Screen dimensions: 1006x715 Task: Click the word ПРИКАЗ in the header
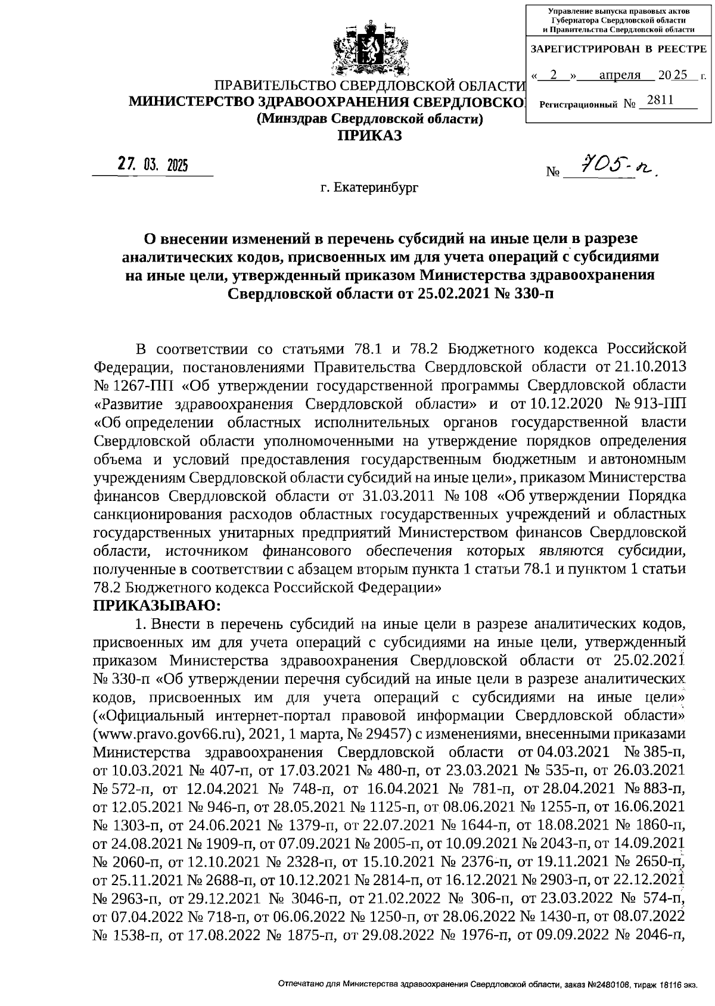coord(370,136)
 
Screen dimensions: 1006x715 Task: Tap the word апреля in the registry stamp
coord(619,75)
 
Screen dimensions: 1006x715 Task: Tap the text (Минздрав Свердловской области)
coord(369,119)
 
